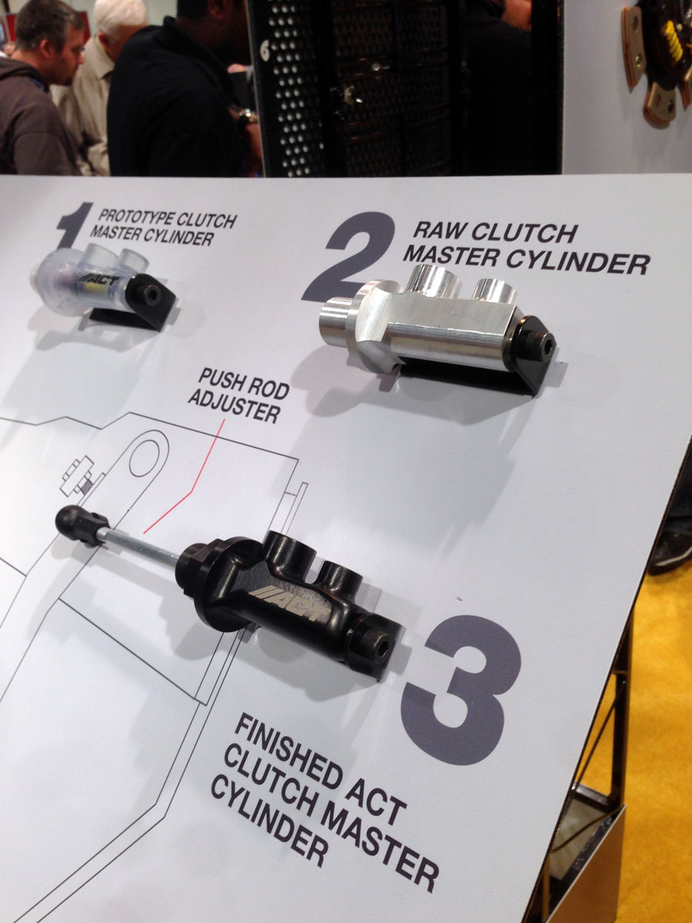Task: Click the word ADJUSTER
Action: [234, 407]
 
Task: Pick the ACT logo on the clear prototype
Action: [104, 281]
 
